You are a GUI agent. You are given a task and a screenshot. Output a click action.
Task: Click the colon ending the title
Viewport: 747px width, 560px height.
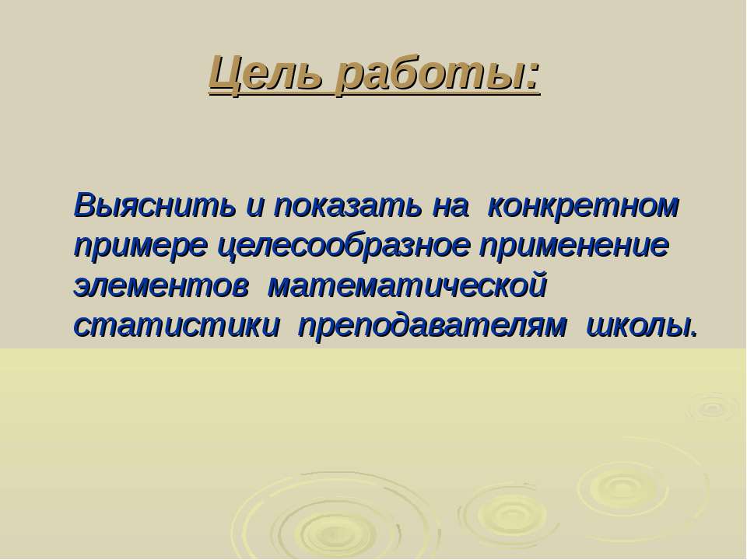coord(532,78)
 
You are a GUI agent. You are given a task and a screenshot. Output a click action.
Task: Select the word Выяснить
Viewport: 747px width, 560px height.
coord(155,205)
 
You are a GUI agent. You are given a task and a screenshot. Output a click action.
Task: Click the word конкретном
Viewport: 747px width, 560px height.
coord(584,205)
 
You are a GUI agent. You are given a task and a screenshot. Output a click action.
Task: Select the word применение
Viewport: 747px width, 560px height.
coord(574,247)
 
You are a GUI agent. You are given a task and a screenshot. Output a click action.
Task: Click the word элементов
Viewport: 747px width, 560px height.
coord(162,287)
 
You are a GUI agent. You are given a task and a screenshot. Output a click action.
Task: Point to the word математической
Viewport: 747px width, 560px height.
coord(408,287)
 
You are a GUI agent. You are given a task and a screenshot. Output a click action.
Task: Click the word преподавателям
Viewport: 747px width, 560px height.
coord(433,327)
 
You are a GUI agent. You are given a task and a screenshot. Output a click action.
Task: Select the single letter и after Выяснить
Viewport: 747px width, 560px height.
coord(255,208)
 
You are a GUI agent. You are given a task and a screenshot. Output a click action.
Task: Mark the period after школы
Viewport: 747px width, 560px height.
coord(693,334)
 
